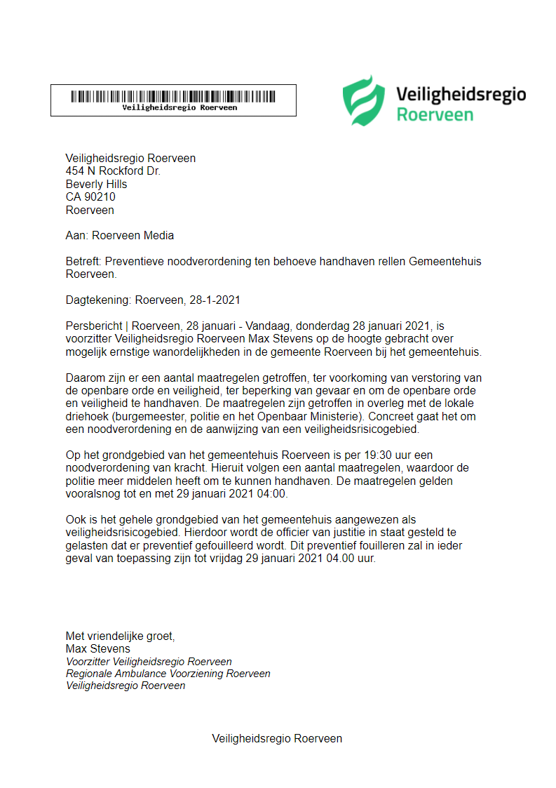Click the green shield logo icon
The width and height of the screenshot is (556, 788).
tap(363, 100)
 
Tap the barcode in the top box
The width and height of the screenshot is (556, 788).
tap(173, 95)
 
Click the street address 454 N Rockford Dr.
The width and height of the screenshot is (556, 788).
tap(113, 171)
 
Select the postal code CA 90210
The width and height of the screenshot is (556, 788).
tap(90, 197)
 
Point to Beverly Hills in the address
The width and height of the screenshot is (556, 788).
tap(97, 185)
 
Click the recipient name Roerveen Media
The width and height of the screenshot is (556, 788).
tap(133, 236)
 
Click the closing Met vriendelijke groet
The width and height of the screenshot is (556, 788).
tap(120, 636)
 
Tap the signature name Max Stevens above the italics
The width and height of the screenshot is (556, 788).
tap(98, 649)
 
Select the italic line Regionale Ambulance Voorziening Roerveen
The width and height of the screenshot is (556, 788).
tap(168, 674)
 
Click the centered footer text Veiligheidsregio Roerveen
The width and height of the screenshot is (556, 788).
tap(277, 739)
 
